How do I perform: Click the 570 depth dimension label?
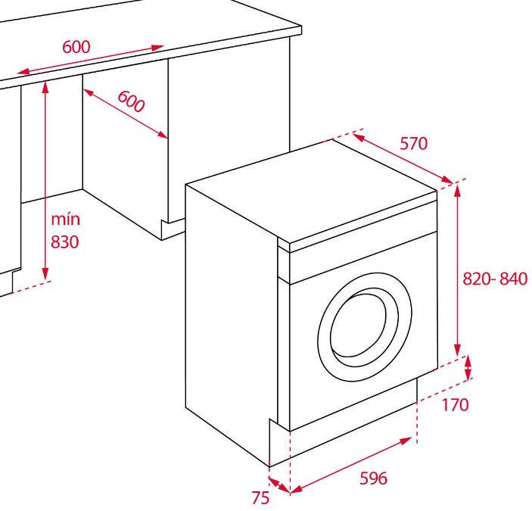click(414, 143)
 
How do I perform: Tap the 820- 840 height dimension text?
click(495, 279)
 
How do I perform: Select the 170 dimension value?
click(455, 404)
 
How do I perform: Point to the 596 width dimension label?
click(373, 478)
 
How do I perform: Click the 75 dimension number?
click(261, 497)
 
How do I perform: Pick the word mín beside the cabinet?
click(65, 220)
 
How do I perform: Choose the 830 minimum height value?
click(65, 241)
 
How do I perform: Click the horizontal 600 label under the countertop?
click(76, 46)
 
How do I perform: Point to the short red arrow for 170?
click(468, 368)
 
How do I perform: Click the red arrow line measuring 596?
click(353, 465)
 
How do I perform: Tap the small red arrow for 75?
click(278, 484)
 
